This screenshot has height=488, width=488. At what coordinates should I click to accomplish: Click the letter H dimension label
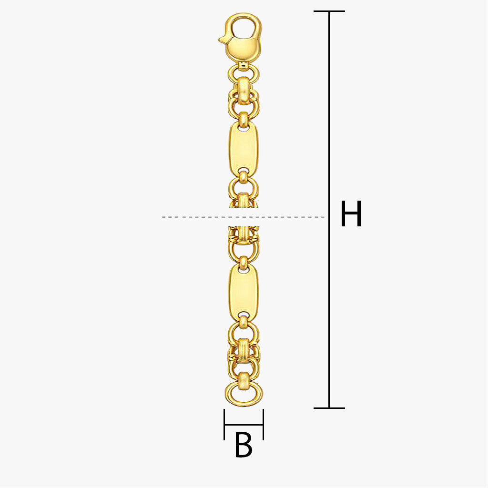click(351, 214)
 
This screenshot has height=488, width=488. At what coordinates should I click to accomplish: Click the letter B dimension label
click(244, 445)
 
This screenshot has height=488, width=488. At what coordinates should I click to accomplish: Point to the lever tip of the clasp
click(221, 40)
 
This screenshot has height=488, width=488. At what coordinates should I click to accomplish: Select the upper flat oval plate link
click(244, 149)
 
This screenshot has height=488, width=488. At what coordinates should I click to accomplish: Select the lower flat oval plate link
click(244, 292)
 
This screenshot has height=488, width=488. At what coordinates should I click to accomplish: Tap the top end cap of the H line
click(329, 11)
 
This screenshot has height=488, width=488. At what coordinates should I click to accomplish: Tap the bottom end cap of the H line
click(329, 408)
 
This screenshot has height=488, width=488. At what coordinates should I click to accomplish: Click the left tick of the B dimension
click(224, 425)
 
